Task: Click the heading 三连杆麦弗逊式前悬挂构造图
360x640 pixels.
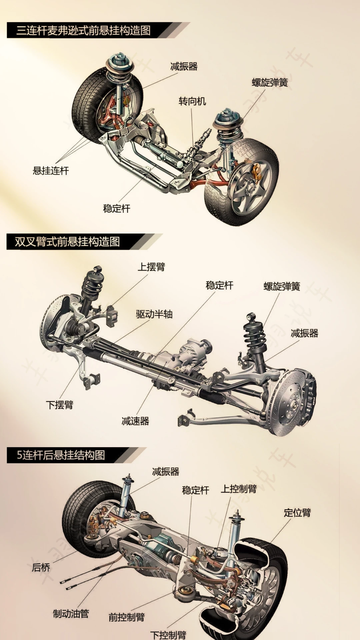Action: coord(83,31)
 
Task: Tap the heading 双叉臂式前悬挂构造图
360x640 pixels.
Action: coord(67,242)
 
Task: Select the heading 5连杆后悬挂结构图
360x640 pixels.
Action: coord(61,455)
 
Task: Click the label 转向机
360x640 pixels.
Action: coord(192,101)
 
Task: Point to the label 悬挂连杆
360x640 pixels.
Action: coord(51,171)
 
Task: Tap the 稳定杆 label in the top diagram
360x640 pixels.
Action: coord(117,209)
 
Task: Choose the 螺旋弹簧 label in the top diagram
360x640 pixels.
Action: coord(270,82)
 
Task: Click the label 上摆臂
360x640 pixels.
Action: coord(151,267)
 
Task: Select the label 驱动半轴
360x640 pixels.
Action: coord(154,314)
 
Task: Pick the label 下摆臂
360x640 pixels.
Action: coord(60,405)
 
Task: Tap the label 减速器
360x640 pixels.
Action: coord(135,421)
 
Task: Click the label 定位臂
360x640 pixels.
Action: coord(297,513)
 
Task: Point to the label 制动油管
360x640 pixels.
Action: coord(71,614)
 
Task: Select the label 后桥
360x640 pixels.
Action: coord(41,567)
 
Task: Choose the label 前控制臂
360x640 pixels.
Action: coord(127,617)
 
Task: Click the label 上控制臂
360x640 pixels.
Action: coord(239,489)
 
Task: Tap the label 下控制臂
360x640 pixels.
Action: coord(168,634)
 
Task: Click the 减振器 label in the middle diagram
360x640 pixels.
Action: coord(304,333)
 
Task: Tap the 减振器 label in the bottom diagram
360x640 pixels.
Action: coord(166,472)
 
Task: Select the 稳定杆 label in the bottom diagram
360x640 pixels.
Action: coord(196,490)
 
